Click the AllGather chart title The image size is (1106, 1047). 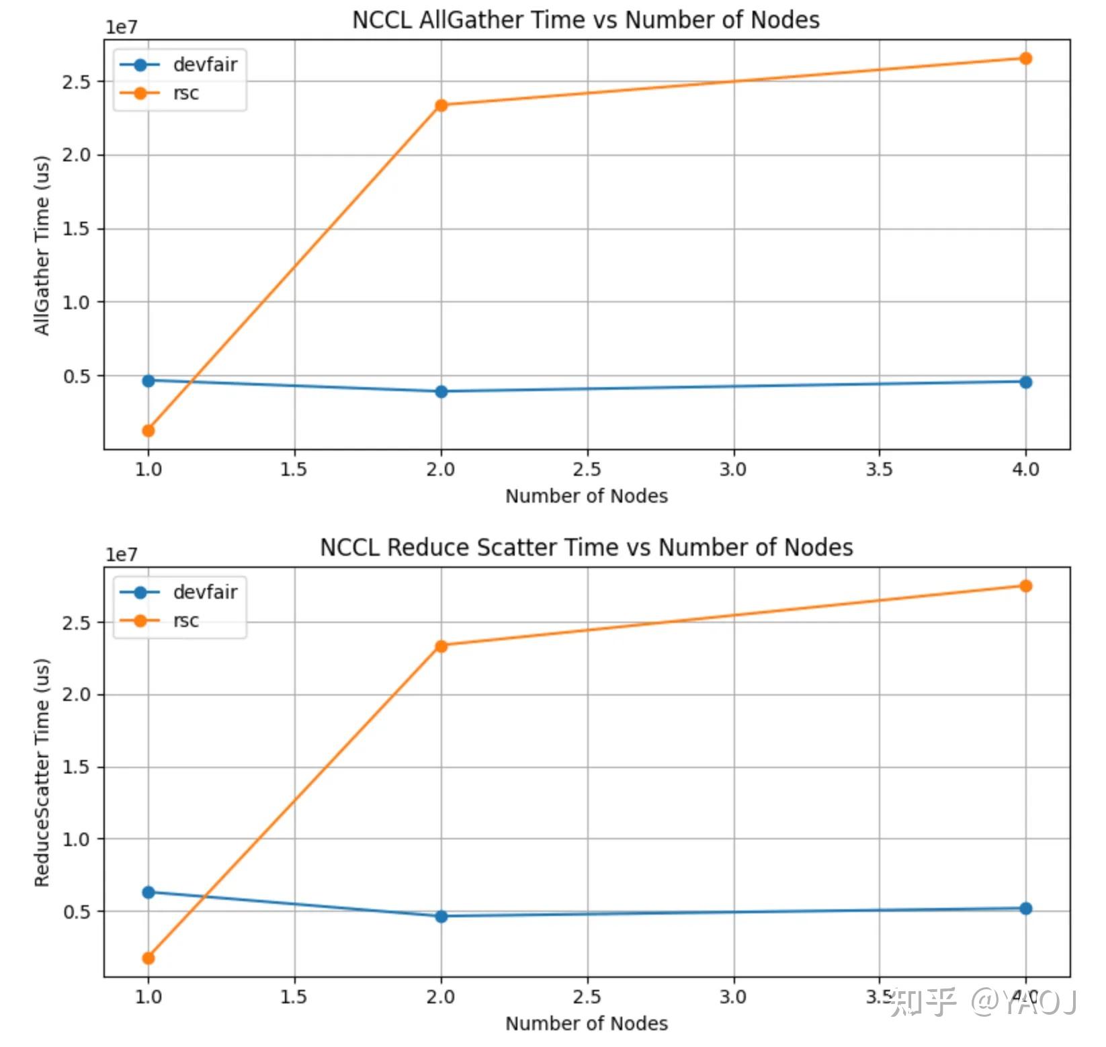pos(585,20)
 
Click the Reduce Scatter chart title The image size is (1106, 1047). pos(586,548)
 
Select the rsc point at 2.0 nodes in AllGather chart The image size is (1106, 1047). pos(441,106)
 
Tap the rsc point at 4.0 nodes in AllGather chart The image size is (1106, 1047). pos(1025,58)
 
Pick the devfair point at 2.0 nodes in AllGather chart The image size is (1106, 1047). pos(441,392)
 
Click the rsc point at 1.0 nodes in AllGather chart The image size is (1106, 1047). pos(148,431)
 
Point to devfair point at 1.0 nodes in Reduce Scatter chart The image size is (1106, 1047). pos(148,892)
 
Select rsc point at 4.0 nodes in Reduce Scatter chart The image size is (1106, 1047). pos(1025,586)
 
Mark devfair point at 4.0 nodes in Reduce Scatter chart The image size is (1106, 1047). pos(1025,909)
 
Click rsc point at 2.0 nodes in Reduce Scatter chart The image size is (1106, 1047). pos(441,646)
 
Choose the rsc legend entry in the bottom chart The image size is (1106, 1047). pos(185,620)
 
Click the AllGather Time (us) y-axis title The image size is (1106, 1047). pos(42,245)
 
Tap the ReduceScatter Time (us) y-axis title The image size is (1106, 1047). pos(42,773)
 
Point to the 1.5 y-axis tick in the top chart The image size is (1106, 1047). pos(76,229)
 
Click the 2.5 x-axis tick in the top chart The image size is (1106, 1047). pos(587,469)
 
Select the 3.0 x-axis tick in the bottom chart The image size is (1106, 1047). pos(733,997)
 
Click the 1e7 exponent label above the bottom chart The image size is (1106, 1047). pos(121,555)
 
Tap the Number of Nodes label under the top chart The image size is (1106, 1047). pos(586,496)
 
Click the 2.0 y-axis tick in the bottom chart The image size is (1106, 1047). pos(76,695)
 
